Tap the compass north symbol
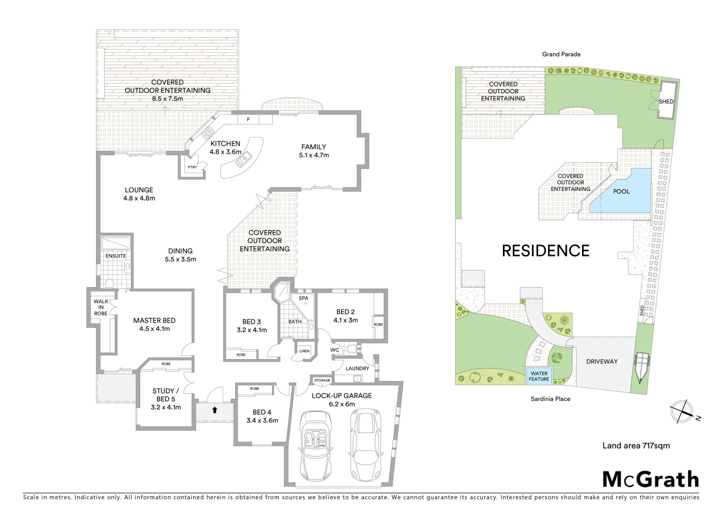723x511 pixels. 683,411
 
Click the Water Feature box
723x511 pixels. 539,376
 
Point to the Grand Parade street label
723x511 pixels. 561,54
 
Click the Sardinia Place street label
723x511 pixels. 550,399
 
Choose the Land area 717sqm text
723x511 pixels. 636,445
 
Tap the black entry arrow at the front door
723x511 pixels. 214,410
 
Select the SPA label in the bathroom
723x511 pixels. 303,298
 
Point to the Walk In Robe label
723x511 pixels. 101,307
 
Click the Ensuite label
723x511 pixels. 115,256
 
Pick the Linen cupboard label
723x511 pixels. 304,351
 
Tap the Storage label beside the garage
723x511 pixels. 322,380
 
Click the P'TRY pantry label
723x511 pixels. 192,167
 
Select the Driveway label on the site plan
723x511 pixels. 602,361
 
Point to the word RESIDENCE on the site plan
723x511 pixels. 546,251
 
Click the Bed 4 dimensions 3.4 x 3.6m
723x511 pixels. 262,420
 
